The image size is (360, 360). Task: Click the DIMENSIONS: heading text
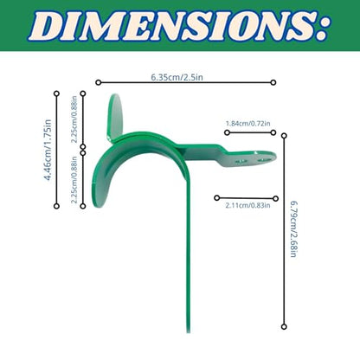(178, 25)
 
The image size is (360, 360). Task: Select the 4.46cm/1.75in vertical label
(48, 150)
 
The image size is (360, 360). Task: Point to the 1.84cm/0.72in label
(248, 124)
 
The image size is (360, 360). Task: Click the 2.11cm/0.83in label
(248, 205)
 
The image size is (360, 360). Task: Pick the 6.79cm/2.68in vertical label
(293, 229)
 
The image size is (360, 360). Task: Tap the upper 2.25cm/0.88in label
(74, 119)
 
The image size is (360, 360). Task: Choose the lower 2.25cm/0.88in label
(74, 180)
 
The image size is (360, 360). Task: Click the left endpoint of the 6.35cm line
(99, 82)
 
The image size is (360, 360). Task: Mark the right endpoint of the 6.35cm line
(273, 82)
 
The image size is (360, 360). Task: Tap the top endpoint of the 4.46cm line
(57, 93)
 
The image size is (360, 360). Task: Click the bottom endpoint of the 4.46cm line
(57, 206)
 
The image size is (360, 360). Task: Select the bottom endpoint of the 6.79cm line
(284, 326)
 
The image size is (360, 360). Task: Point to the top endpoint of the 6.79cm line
(284, 136)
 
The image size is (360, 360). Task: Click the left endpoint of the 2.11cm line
(217, 198)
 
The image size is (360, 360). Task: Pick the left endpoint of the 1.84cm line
(227, 132)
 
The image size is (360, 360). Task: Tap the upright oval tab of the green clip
(115, 118)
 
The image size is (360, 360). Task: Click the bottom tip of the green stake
(189, 331)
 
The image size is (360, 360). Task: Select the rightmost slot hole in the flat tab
(262, 159)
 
